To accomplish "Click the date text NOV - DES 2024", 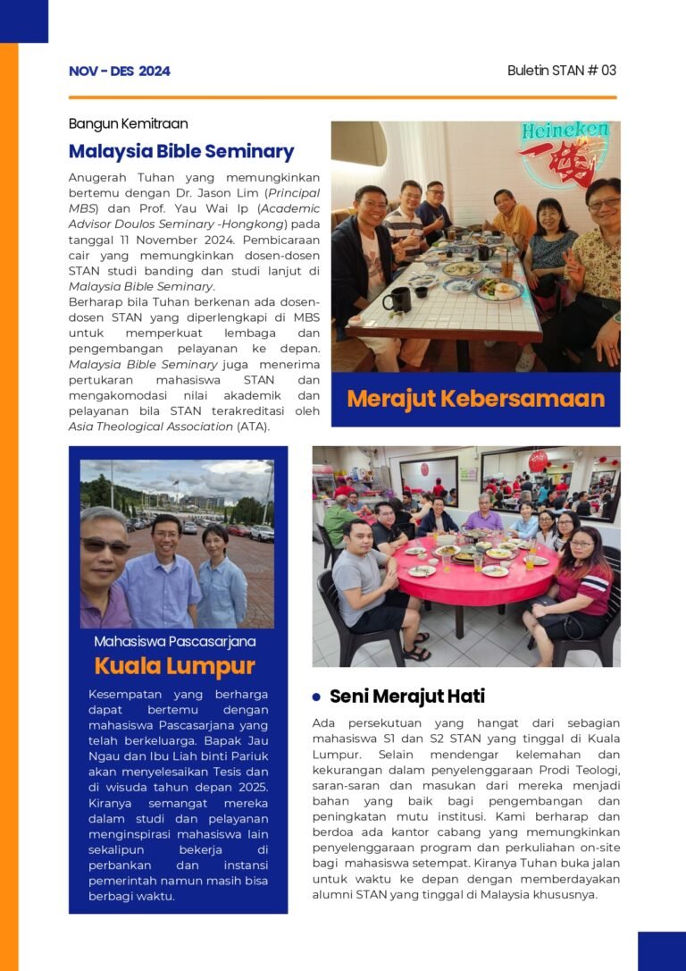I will tap(119, 72).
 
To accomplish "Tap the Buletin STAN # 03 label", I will tap(561, 71).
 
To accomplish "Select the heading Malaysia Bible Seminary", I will tap(180, 151).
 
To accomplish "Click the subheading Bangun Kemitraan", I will tap(128, 124).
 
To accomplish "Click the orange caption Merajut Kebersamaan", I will tap(475, 399).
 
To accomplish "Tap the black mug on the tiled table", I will tap(397, 299).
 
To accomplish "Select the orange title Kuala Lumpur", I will tap(175, 666).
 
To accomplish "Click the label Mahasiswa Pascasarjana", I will tap(175, 641).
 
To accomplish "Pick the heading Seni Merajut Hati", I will tap(406, 696).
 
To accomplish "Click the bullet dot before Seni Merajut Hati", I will tap(316, 697).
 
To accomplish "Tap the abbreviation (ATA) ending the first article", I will tap(253, 426).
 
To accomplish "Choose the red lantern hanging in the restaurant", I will tap(538, 460).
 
